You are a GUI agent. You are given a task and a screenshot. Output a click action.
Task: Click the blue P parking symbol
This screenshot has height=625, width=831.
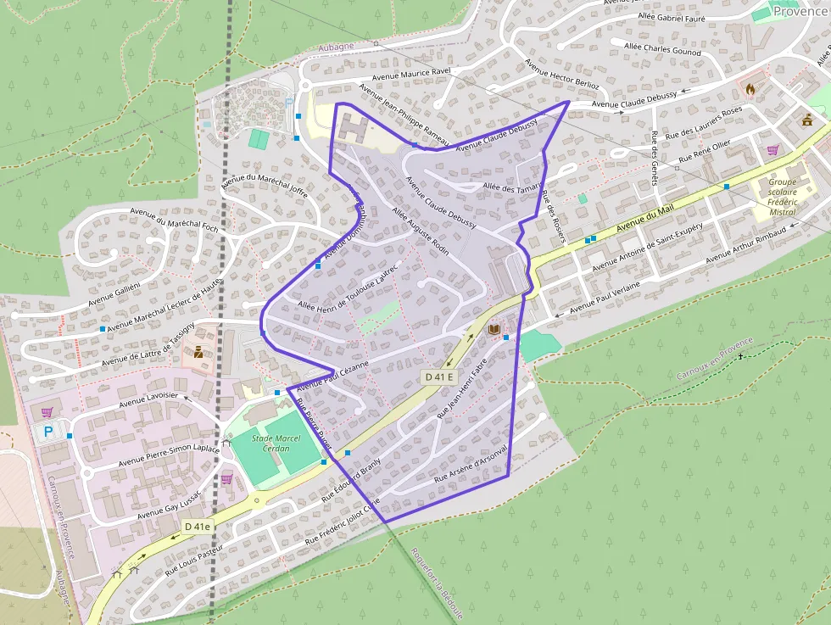(48, 432)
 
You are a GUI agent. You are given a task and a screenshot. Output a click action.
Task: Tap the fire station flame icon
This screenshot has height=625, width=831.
(750, 87)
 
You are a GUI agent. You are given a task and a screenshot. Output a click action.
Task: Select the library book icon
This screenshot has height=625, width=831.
(494, 328)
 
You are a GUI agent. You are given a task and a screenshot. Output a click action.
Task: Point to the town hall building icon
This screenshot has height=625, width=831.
(806, 120)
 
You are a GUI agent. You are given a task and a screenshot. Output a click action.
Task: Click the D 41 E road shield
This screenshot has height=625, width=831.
(440, 377)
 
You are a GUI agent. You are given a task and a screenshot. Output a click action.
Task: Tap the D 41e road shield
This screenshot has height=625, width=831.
(197, 527)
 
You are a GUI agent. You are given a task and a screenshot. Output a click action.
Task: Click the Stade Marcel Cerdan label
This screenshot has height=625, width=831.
(277, 443)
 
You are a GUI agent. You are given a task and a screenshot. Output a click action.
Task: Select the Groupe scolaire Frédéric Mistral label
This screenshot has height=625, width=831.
(782, 197)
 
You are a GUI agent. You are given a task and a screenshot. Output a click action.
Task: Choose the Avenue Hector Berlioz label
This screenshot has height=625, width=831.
(561, 75)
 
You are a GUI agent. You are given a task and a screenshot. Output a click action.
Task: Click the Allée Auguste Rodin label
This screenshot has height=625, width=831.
(420, 232)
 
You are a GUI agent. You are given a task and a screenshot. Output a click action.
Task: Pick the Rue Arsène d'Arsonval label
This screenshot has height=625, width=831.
(470, 465)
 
